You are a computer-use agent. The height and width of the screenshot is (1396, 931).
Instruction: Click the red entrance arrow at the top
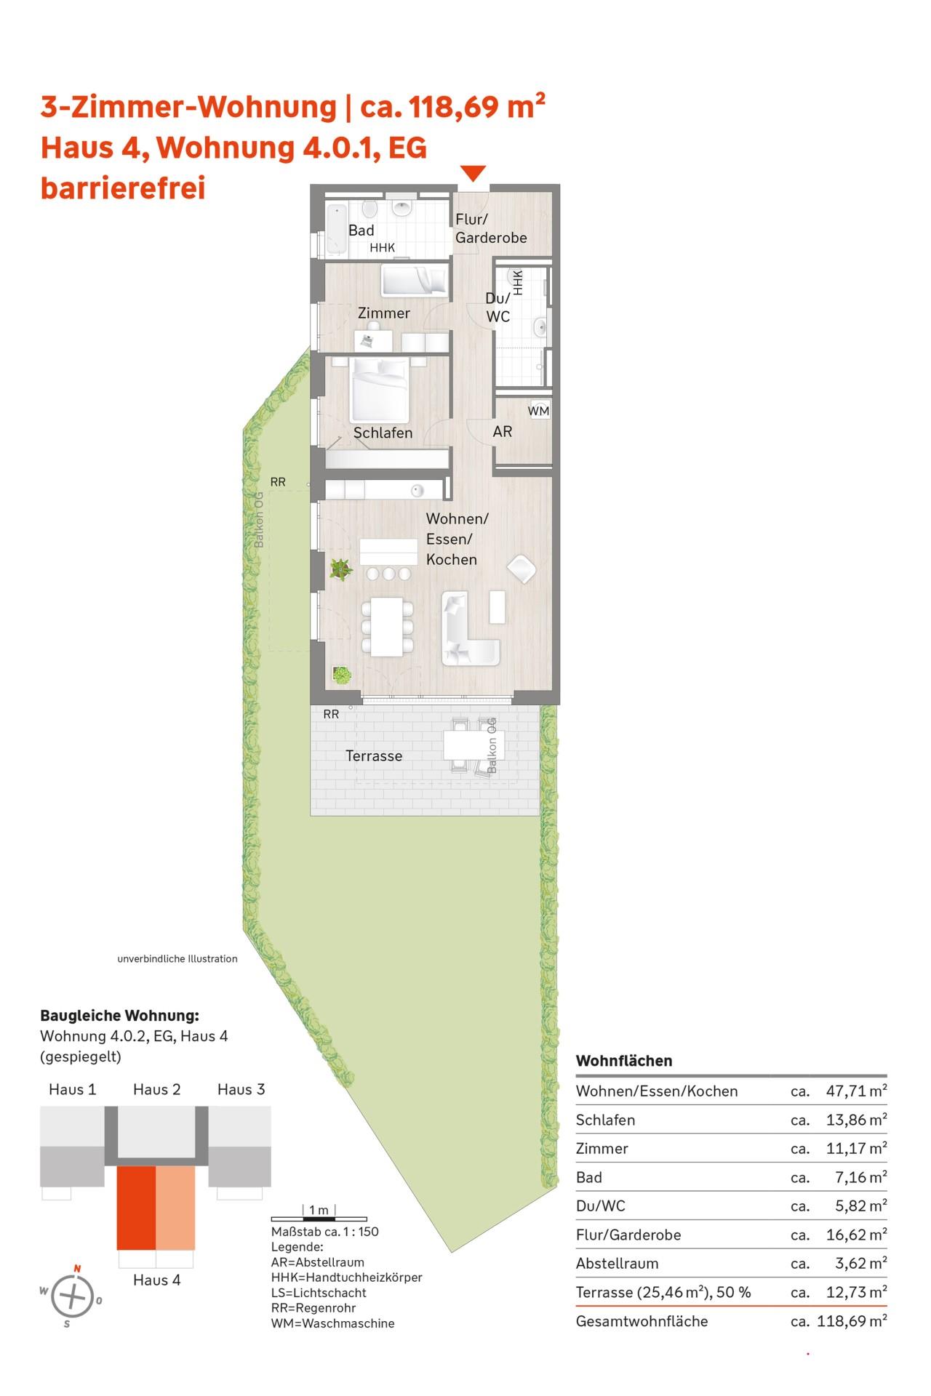pos(473,174)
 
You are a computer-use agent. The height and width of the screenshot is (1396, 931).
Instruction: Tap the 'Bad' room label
pos(361,230)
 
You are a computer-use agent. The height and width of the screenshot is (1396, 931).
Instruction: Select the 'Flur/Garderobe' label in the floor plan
pos(491,228)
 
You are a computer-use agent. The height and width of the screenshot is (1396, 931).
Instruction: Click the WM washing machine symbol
pos(539,411)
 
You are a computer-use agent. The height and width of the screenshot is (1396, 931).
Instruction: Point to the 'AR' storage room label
pos(503,431)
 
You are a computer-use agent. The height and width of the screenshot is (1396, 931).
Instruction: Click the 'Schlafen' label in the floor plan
pos(383,433)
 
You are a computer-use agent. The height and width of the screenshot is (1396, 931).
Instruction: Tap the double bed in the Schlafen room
pos(379,390)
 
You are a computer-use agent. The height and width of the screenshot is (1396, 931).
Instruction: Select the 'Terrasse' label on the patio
pos(374,756)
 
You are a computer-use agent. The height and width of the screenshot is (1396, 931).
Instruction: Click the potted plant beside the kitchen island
pos(340,569)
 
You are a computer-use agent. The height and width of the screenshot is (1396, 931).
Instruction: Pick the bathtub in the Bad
pos(337,230)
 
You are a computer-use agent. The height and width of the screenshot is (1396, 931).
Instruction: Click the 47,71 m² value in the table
pos(857,1091)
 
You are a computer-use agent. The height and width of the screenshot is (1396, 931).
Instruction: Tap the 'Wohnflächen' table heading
pos(624,1061)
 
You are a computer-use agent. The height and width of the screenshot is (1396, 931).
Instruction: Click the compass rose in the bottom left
pos(71,1296)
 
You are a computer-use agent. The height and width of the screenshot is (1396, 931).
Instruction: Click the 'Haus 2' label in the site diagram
pos(156,1089)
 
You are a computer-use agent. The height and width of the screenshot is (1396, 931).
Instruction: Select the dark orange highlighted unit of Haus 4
pos(136,1208)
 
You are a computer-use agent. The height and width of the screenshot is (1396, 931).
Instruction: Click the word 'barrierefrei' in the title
pos(123,188)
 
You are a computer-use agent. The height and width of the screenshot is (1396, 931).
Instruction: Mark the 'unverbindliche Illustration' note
pos(177,958)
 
